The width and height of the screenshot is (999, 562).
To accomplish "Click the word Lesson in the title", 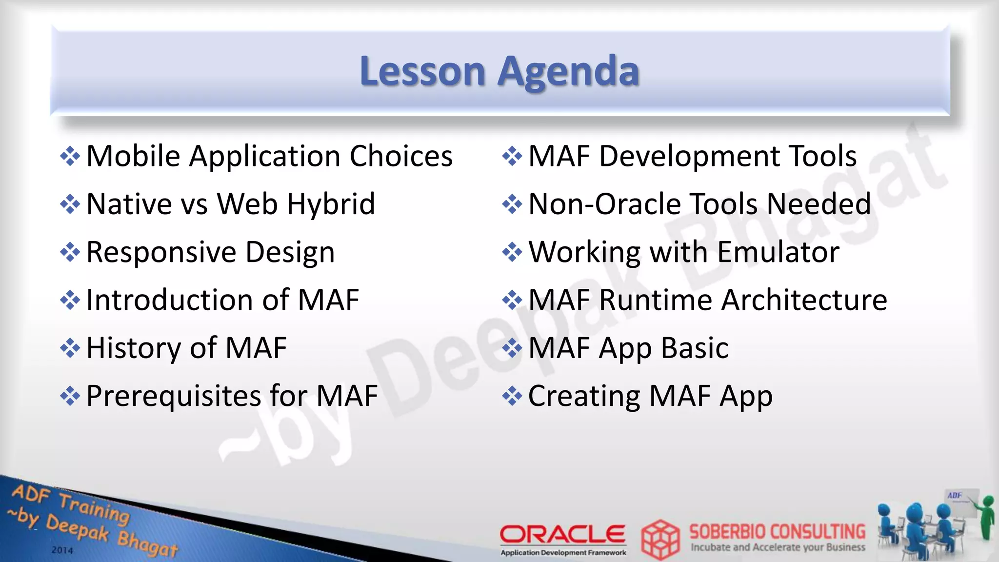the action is [x=422, y=71].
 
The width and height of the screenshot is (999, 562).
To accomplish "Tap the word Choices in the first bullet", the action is [x=401, y=156].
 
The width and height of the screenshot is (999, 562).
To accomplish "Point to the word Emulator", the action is [x=778, y=252].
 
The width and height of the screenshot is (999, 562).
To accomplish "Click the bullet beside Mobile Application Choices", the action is [x=70, y=157].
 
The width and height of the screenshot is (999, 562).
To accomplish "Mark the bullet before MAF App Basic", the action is [x=512, y=348].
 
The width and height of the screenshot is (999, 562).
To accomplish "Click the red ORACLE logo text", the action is [x=562, y=534].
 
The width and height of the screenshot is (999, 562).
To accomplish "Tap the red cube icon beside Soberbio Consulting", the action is [x=660, y=540].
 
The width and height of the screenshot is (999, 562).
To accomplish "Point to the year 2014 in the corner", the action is [x=62, y=550].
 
